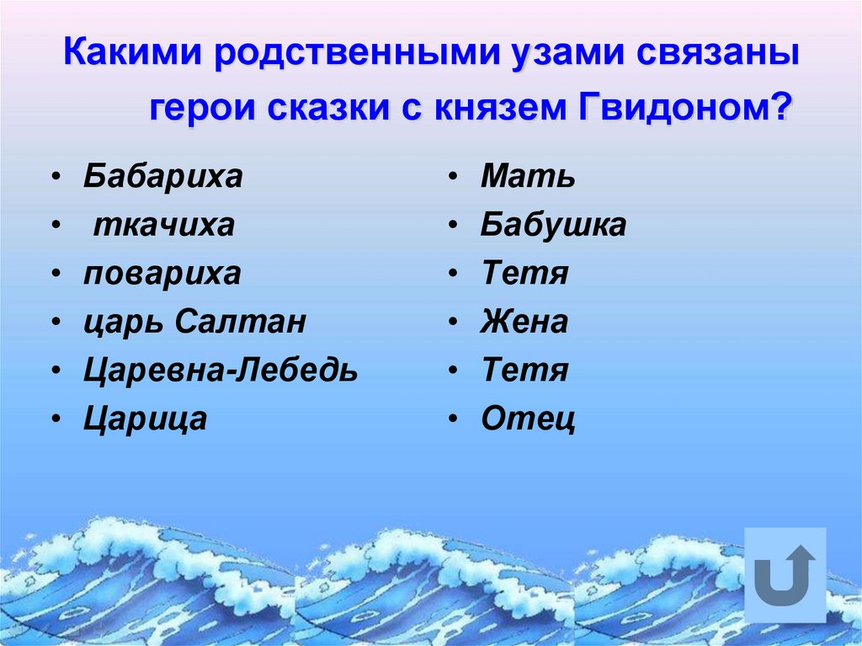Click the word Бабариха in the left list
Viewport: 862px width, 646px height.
(x=162, y=177)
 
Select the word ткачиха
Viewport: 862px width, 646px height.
(x=163, y=225)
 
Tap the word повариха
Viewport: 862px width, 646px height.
(x=162, y=274)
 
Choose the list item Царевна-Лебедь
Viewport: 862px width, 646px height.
(x=221, y=370)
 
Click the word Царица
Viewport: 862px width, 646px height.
(x=145, y=419)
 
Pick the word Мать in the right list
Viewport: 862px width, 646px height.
(x=528, y=177)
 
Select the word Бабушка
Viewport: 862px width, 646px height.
(x=553, y=225)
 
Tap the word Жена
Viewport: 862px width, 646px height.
(x=524, y=322)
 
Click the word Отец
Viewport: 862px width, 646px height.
(x=528, y=419)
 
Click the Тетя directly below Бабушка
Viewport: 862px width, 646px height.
(x=524, y=274)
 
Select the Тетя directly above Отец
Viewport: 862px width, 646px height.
(x=524, y=370)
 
